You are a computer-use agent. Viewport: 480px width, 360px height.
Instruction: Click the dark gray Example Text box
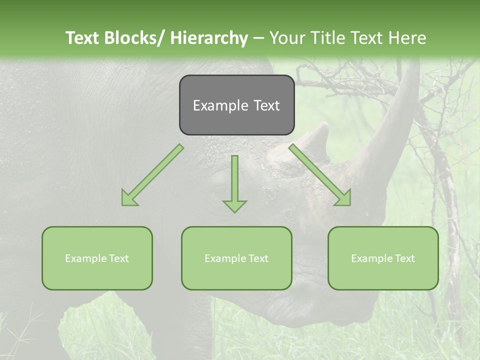(236, 105)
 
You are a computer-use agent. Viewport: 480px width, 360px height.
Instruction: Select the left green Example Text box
(97, 258)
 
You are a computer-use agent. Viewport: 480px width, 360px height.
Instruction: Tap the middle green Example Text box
(236, 258)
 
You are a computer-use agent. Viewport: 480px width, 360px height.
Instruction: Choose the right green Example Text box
(383, 258)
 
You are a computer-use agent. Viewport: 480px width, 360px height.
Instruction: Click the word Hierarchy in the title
(209, 38)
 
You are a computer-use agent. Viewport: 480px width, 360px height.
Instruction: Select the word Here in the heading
(408, 38)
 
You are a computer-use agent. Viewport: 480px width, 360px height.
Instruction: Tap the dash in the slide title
(258, 38)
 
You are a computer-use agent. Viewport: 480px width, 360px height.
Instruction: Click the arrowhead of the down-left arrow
(128, 199)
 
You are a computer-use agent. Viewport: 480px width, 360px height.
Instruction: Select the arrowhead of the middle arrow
(235, 205)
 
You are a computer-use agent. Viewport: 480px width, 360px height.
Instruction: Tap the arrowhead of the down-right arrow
(344, 199)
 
